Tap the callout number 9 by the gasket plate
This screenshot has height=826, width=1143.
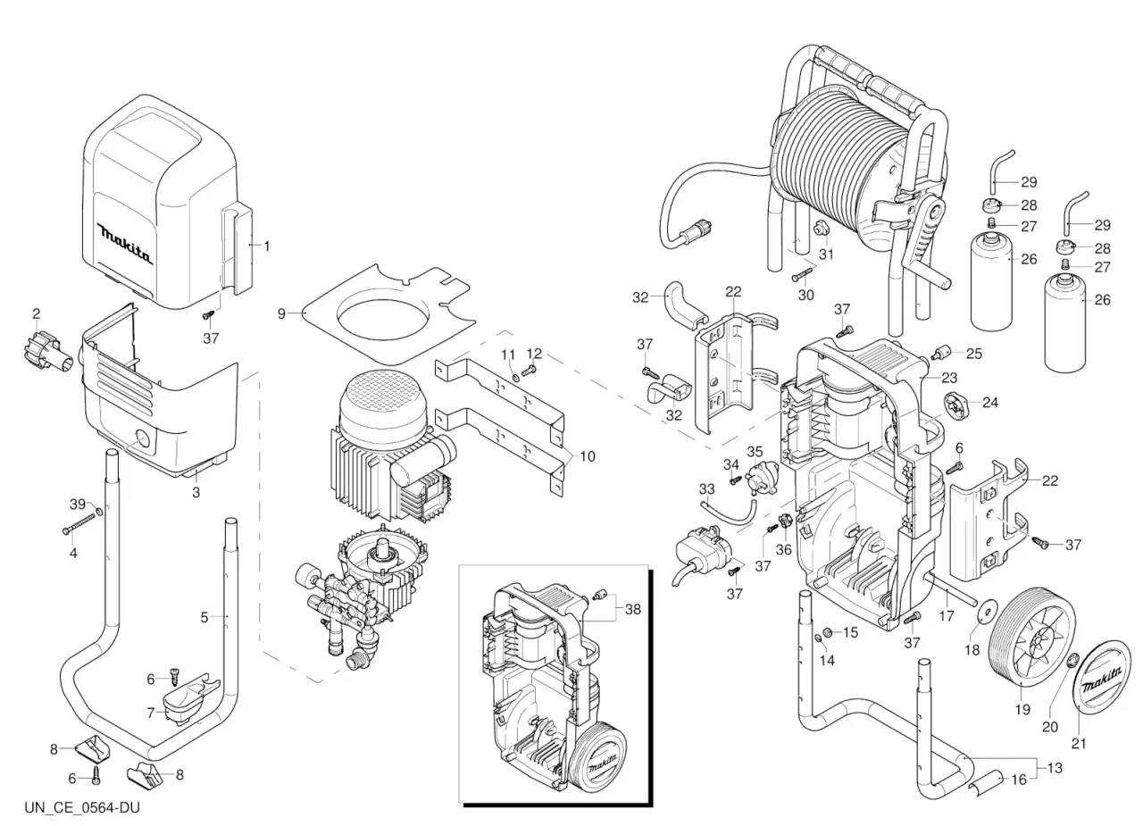(x=281, y=313)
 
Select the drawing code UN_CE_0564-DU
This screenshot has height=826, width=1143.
(x=82, y=808)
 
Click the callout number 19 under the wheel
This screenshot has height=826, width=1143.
(x=1022, y=710)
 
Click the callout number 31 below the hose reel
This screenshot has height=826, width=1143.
(x=826, y=254)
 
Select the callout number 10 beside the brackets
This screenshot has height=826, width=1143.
(x=588, y=455)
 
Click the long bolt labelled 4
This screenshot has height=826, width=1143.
(x=80, y=524)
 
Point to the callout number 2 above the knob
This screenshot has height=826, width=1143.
(x=37, y=313)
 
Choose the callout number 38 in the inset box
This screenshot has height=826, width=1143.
(x=633, y=609)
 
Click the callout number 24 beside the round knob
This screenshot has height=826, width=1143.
(x=990, y=403)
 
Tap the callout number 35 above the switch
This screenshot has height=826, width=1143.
(x=755, y=452)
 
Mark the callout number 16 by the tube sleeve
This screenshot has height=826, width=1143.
(x=1019, y=780)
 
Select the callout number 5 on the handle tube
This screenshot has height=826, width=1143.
(x=204, y=617)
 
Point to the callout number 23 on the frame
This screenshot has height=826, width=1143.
(x=949, y=378)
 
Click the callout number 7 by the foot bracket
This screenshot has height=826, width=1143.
(x=151, y=713)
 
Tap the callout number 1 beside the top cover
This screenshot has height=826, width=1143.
(x=266, y=246)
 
